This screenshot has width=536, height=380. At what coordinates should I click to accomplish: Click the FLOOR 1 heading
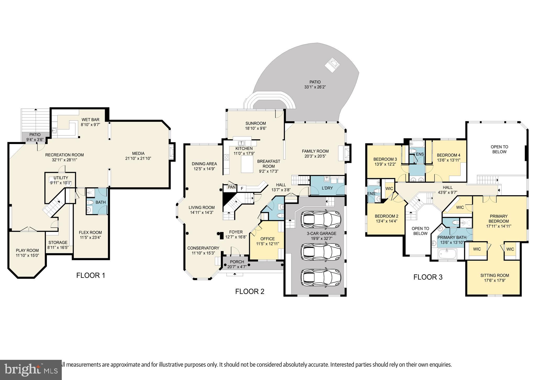[91, 275]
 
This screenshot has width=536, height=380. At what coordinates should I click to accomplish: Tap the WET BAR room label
[91, 120]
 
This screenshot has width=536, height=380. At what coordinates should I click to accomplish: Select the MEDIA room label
[138, 153]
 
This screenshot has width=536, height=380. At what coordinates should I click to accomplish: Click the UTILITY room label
[61, 178]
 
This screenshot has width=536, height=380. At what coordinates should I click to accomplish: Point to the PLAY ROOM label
[27, 250]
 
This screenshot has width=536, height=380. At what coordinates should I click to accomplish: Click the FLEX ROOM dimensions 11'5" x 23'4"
[91, 238]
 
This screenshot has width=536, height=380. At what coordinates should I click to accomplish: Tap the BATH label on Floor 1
[100, 202]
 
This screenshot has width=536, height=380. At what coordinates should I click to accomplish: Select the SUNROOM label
[255, 123]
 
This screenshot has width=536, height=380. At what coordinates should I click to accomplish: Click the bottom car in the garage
[321, 278]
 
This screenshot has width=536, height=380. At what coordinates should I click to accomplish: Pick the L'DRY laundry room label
[327, 188]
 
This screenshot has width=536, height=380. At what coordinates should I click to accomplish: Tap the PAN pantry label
[232, 187]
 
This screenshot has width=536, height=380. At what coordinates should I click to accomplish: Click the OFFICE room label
[267, 239]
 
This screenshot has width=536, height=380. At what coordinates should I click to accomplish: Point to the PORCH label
[237, 262]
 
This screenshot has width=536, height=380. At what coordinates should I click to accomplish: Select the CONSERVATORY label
[203, 248]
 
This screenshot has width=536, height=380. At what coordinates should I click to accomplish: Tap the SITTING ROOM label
[495, 275]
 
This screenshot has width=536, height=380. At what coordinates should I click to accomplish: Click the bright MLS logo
[31, 370]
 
